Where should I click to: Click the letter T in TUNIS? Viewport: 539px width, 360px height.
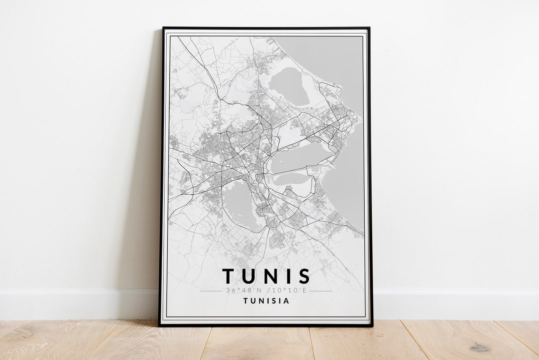[228, 276]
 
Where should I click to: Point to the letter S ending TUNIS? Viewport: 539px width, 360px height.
[304, 276]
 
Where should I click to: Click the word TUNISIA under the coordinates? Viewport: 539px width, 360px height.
[266, 301]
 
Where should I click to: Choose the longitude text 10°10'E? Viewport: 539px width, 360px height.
[290, 290]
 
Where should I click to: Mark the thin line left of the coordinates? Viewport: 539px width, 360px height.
[211, 291]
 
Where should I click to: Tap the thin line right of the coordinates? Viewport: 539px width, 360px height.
[321, 291]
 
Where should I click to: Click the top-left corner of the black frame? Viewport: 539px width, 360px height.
[163, 28]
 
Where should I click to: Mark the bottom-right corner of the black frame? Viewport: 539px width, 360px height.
[372, 326]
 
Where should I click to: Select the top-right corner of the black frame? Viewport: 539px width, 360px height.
[369, 28]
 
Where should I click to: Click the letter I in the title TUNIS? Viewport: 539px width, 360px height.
[288, 276]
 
